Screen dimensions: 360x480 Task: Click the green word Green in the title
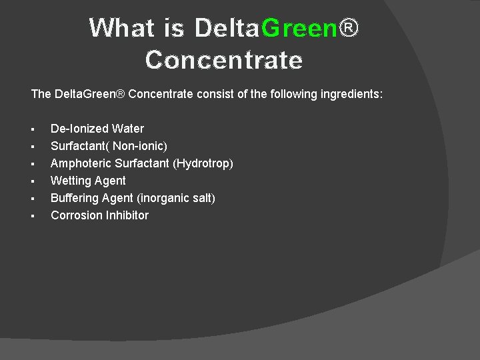[300, 28]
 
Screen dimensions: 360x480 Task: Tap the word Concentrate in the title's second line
[224, 60]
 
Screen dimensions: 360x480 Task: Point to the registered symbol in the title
[350, 28]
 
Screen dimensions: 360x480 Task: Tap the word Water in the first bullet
[128, 129]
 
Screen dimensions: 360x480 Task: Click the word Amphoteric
[81, 163]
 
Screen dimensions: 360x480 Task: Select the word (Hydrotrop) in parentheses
[203, 163]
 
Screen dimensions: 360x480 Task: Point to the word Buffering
[74, 198]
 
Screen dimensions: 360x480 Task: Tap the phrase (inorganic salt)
[176, 198]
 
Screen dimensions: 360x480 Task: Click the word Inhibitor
[126, 215]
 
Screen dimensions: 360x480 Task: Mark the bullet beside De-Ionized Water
[33, 129]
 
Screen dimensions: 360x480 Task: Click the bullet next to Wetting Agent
[33, 181]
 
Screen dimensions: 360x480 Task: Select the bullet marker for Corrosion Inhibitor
[33, 216]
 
